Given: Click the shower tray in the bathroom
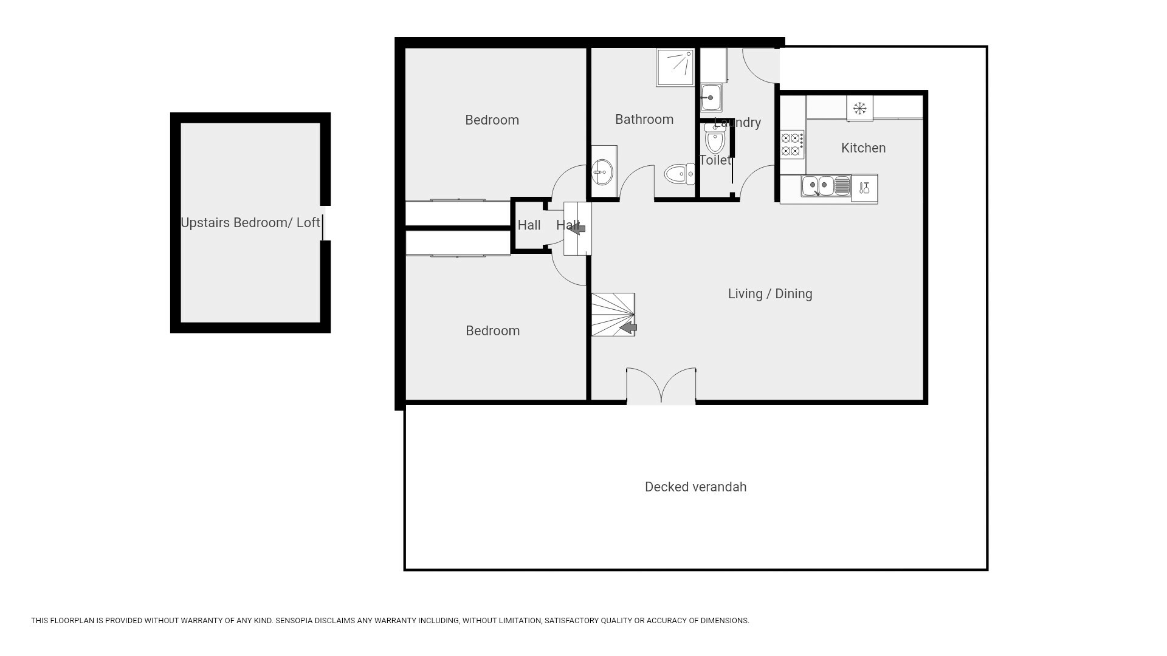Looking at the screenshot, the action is tap(675, 67).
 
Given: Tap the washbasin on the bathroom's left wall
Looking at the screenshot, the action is tap(604, 172).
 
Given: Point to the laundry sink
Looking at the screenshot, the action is tap(711, 97).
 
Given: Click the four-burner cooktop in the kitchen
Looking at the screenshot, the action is tap(793, 145).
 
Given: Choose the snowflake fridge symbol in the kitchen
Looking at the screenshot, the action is tap(859, 108).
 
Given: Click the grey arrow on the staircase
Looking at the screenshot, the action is tap(628, 328).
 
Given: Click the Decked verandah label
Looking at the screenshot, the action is tap(695, 487).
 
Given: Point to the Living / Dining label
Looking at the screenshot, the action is tap(770, 294).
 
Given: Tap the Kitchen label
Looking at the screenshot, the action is tap(863, 148).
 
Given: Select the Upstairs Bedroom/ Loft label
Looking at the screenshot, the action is tap(250, 223).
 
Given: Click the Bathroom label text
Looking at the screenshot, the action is tap(644, 120).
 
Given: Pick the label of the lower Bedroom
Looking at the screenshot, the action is tap(492, 331).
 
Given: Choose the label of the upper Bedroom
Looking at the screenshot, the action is tap(492, 120).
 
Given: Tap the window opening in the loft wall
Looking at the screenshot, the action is tap(325, 223).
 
